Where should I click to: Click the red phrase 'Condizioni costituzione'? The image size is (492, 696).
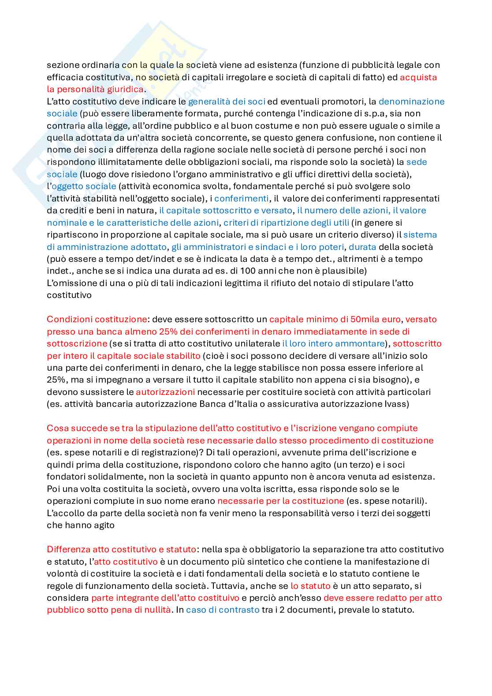coord(97,319)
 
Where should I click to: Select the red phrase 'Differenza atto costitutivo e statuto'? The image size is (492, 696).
coord(121,549)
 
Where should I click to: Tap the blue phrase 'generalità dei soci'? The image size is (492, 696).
coord(227,101)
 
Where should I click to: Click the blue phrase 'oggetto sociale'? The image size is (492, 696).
coord(84,186)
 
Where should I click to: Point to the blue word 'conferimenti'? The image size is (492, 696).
coord(241,198)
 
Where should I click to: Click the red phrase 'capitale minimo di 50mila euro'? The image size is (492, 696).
coord(335,319)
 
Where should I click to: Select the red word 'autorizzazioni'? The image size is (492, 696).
coord(165,392)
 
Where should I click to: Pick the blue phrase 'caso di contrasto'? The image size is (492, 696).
coord(223,610)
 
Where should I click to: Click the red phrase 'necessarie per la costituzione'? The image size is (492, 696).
coord(280,501)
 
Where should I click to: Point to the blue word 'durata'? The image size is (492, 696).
coord(362,247)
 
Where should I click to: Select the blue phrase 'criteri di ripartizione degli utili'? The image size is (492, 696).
coord(286,223)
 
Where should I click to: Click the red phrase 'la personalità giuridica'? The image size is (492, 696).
coord(95,89)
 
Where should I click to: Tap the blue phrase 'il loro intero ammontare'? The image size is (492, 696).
coord(333,343)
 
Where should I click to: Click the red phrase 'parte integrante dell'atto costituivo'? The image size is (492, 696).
coord(165,598)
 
